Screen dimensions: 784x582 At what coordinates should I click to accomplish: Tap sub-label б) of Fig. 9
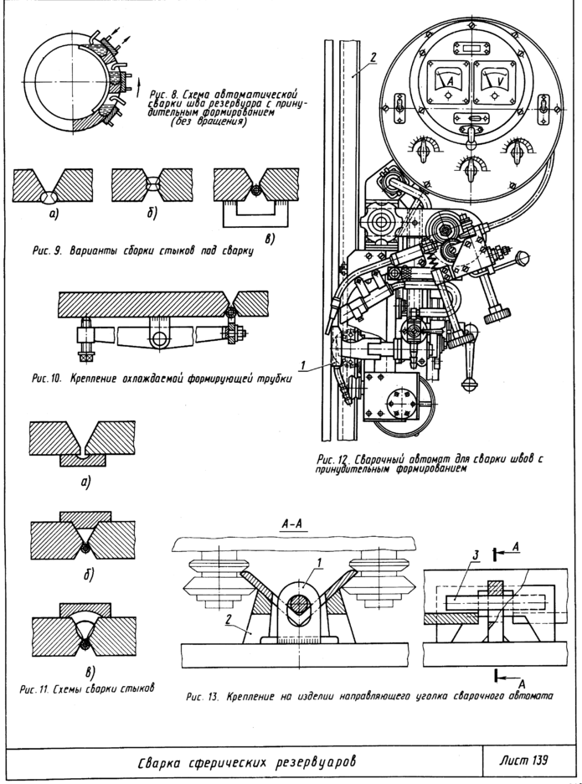point(153,214)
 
